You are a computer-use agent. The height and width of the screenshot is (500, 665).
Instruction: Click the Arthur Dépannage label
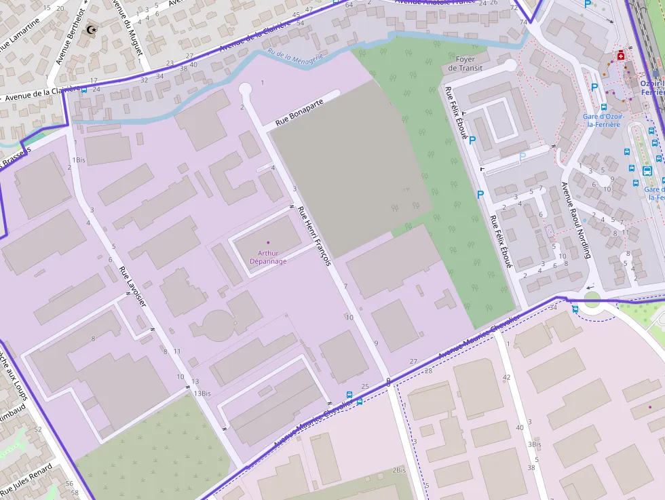(x=268, y=257)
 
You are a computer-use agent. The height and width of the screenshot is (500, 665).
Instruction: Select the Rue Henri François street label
(x=313, y=235)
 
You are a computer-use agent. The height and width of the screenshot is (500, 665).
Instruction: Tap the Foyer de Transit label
(x=465, y=64)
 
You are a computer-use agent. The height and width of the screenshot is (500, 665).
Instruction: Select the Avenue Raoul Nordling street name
(x=576, y=220)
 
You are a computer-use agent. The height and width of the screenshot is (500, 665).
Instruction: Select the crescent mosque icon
(x=92, y=30)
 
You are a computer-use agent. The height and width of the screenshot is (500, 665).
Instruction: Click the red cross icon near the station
(x=620, y=56)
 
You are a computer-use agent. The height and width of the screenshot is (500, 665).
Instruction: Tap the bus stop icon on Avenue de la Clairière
(x=84, y=89)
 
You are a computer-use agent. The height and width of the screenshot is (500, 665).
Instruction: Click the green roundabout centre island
(x=592, y=299)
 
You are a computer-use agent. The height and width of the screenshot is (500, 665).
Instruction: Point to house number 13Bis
(x=202, y=393)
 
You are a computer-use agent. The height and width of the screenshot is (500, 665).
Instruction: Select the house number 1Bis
(x=79, y=160)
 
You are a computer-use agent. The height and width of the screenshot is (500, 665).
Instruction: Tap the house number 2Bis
(x=399, y=470)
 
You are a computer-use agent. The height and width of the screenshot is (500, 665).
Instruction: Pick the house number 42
(x=506, y=377)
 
